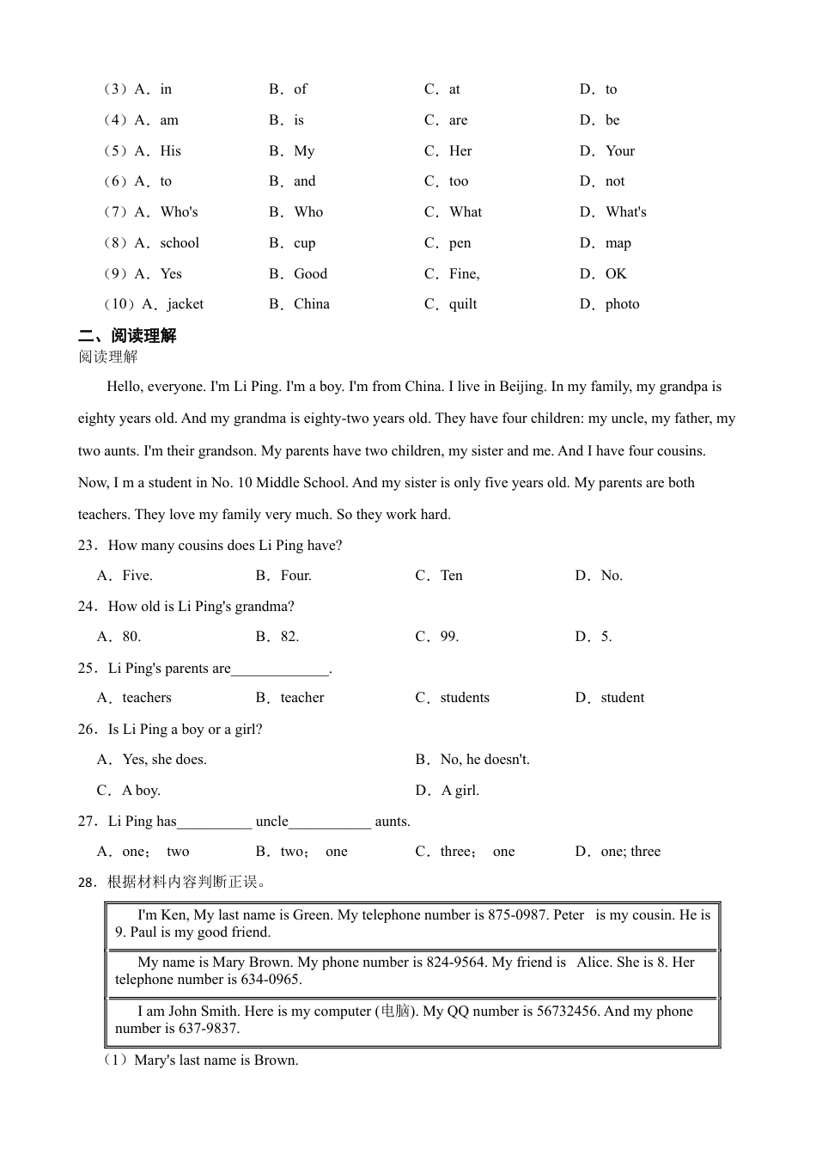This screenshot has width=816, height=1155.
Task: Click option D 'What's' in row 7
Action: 625,212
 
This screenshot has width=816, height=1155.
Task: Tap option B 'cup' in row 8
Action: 304,243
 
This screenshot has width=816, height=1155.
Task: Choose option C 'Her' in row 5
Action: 460,151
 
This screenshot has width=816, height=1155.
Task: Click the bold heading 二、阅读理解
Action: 127,336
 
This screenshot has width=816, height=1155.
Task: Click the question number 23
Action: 87,546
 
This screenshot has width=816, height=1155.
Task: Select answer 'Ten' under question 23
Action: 451,576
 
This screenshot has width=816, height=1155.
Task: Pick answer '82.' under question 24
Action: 289,637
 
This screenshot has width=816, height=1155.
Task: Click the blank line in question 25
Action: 280,669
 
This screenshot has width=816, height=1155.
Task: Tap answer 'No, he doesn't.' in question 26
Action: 484,760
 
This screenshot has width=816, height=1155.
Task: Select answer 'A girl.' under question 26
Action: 460,791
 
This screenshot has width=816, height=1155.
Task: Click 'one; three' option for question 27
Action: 630,852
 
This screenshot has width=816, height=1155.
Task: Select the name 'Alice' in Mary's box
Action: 594,962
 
